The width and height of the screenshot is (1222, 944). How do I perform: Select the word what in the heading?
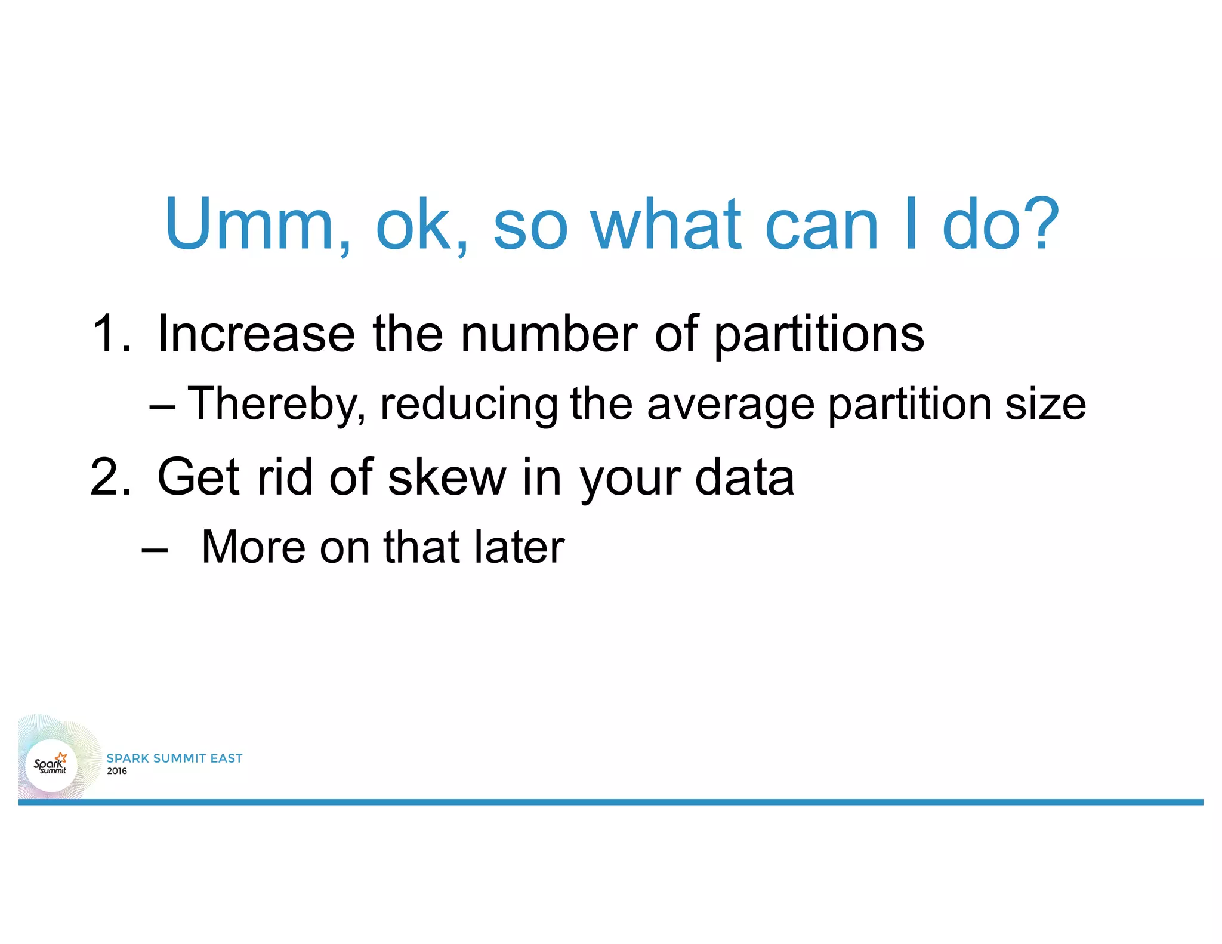pos(666,224)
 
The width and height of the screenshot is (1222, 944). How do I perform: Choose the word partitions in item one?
pos(819,334)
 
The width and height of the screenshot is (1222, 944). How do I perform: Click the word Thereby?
pos(276,405)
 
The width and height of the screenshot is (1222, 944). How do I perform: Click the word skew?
pos(446,477)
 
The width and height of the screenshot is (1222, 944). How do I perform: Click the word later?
pos(519,547)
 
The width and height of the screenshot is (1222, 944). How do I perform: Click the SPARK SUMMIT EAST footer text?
pos(174,758)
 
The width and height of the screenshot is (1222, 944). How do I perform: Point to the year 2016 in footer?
pos(117,771)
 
